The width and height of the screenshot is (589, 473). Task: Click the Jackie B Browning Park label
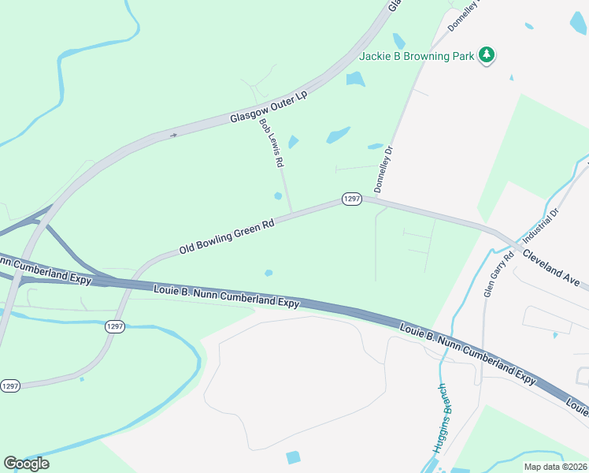[417, 56]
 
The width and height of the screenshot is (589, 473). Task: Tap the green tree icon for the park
[488, 54]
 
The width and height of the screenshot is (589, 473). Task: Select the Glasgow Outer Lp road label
[268, 107]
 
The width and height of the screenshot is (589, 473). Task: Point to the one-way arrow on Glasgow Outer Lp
[174, 135]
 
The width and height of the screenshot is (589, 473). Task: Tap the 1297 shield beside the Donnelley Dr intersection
[352, 199]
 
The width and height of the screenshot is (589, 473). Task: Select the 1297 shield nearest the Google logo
[10, 385]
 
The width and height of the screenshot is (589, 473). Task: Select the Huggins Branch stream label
[442, 418]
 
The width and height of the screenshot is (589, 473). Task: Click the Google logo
[26, 464]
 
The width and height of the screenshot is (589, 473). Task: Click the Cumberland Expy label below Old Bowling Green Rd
[227, 296]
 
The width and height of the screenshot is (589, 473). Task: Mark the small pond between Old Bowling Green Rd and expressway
[269, 274]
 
